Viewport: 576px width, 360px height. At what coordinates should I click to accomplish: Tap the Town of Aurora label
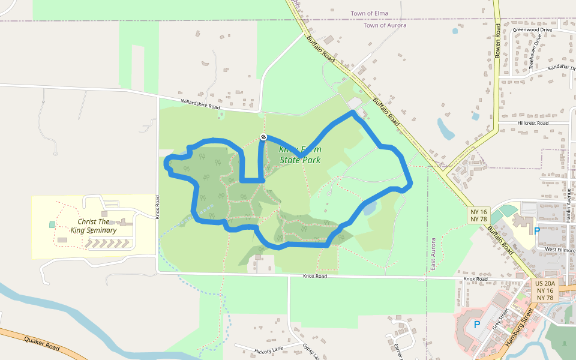click(x=385, y=25)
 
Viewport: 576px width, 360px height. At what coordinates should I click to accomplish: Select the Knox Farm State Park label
click(x=300, y=155)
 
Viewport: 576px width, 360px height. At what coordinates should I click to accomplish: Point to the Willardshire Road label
click(x=200, y=104)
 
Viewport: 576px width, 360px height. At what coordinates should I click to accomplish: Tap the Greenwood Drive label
click(x=532, y=29)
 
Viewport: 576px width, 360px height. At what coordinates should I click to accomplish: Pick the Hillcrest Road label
click(x=532, y=123)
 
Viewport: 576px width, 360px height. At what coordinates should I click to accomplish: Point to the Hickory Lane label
click(x=268, y=350)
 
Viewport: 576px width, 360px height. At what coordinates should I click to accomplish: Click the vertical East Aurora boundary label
click(x=433, y=253)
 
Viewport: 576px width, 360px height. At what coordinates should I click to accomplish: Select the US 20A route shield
click(x=546, y=283)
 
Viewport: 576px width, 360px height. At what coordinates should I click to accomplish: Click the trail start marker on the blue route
click(x=263, y=137)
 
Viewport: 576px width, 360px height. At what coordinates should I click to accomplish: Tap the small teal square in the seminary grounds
click(x=52, y=224)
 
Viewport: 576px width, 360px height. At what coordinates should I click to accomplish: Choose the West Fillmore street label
click(x=559, y=249)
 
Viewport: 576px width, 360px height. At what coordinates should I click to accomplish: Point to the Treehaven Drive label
click(x=536, y=52)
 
